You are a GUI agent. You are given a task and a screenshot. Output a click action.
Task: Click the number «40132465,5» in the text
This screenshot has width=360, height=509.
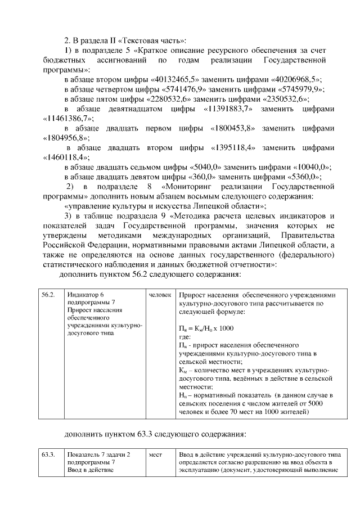(178, 79)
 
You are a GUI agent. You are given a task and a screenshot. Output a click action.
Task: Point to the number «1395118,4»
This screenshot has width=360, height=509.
(233, 148)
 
